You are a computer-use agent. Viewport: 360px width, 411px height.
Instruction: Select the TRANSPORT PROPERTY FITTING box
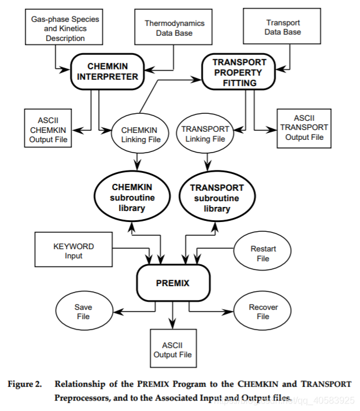point(239,72)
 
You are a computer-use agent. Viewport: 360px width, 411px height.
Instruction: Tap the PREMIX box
point(173,284)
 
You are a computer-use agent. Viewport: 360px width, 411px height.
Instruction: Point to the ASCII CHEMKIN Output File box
point(49,127)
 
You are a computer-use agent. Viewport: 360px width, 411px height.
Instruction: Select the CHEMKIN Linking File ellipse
point(138,134)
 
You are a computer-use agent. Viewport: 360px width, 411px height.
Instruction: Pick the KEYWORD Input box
point(73,251)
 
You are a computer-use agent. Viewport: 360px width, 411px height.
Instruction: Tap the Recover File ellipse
point(263,312)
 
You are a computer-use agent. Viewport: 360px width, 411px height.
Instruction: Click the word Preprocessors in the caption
point(82,398)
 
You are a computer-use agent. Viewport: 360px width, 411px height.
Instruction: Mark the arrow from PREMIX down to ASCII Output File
point(173,316)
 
